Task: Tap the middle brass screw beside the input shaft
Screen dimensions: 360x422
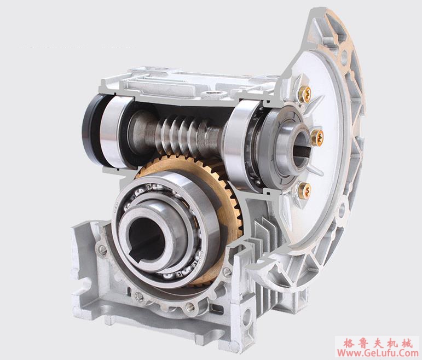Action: pos(316,137)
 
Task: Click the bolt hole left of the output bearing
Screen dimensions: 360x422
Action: pos(102,251)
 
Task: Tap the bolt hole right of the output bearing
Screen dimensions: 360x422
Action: pos(227,271)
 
